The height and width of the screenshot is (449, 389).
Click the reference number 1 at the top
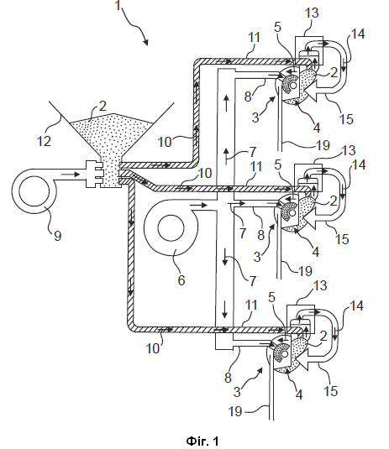[x=118, y=5]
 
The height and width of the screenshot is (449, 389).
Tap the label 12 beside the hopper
[x=44, y=141]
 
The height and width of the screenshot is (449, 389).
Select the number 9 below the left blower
[x=57, y=236]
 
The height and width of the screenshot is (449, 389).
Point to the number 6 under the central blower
[x=181, y=279]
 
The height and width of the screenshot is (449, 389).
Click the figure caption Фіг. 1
[x=202, y=441]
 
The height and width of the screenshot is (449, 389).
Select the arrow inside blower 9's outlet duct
[x=70, y=174]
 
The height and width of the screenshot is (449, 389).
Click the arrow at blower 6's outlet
[x=197, y=206]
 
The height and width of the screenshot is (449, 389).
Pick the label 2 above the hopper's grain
[x=103, y=107]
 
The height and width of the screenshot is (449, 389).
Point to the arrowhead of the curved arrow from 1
[x=145, y=42]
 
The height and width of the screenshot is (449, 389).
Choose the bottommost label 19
[x=235, y=411]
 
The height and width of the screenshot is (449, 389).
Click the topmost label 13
[x=312, y=13]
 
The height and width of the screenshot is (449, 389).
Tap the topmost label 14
[x=357, y=34]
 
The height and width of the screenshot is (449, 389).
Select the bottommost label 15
[x=330, y=390]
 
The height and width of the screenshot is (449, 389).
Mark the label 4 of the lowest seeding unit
[x=299, y=395]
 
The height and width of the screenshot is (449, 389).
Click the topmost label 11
[x=254, y=38]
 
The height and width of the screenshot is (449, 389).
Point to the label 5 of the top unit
[x=277, y=27]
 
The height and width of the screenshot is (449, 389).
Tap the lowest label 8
[x=228, y=378]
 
